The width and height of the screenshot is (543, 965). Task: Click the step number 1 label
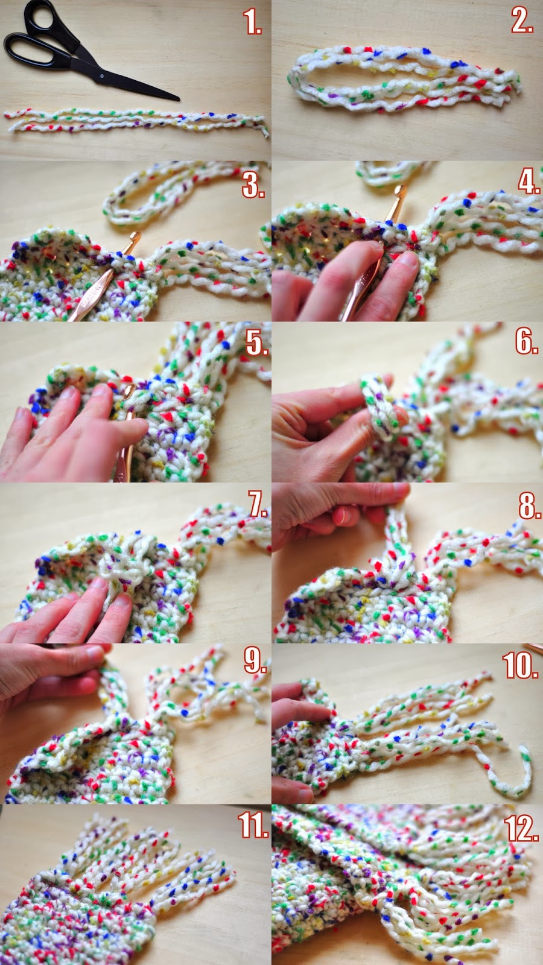[x=253, y=22]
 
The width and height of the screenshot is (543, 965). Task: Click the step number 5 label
[x=256, y=343]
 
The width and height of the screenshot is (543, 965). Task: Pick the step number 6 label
[x=526, y=341]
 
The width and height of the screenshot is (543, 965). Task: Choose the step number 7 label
[x=258, y=504]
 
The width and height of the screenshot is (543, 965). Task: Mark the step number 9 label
[x=255, y=662]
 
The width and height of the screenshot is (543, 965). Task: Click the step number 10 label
[x=521, y=666]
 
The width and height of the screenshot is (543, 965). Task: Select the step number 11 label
[x=253, y=826]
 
